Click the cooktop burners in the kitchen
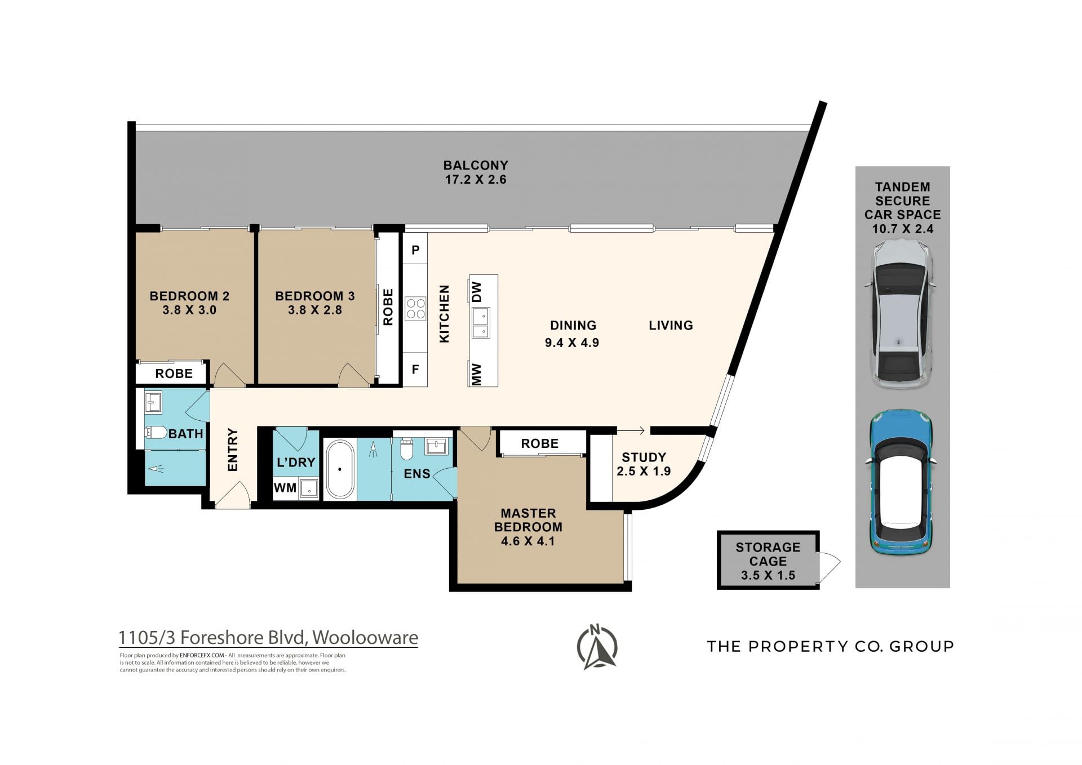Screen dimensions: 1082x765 (x=415, y=309)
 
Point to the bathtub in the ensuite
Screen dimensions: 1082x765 (x=340, y=469)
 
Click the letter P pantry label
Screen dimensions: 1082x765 (x=415, y=250)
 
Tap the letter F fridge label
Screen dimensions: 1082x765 (x=415, y=370)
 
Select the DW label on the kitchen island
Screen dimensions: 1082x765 (x=477, y=292)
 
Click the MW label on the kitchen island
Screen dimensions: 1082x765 (x=477, y=374)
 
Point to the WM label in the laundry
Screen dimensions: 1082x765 (x=285, y=488)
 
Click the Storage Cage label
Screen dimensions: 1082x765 (x=768, y=554)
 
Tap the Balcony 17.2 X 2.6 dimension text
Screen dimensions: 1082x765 (x=475, y=180)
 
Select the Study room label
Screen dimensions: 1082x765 (x=644, y=457)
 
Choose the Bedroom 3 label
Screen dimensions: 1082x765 (x=315, y=296)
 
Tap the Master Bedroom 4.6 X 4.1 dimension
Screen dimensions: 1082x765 (x=528, y=541)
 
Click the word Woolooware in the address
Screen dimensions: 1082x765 (x=365, y=638)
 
